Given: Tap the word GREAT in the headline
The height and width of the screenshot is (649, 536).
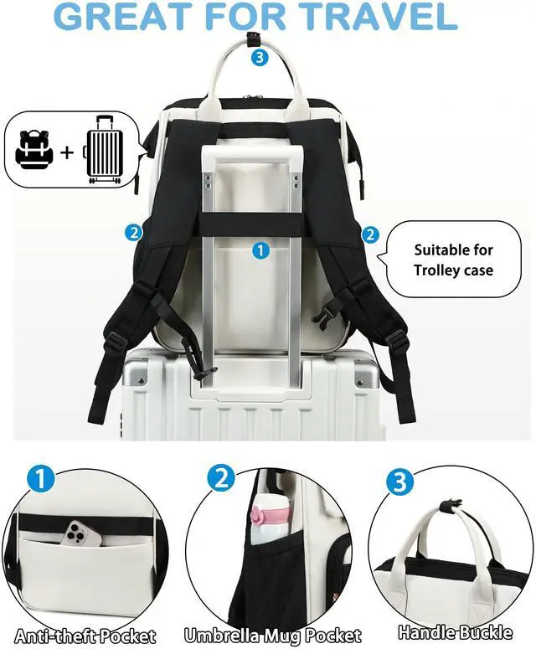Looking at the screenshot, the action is coord(122,16).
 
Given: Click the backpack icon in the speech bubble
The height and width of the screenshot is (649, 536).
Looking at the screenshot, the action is coord(34,149).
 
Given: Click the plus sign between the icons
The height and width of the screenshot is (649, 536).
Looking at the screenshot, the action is coord(67,152).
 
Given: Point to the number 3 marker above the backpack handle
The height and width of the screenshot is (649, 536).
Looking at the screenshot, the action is coord(260,57).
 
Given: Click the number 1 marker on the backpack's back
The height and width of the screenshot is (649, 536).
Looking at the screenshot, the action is coord(260,250).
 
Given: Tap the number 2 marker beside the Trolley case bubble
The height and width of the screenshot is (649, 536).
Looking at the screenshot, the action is coord(370,234).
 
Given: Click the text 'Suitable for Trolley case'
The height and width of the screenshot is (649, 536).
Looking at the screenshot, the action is coord(454,260).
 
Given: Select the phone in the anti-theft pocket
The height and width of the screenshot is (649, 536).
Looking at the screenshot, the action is coord(83,533).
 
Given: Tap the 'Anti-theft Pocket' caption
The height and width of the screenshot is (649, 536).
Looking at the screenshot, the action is coord(85,636).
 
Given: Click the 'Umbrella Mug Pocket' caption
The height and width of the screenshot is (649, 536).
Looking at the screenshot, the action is coord(272,635).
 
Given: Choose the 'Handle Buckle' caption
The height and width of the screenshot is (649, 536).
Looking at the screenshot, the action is coord(455,632).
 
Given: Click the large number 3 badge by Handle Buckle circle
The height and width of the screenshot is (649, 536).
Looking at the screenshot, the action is coord(399,482).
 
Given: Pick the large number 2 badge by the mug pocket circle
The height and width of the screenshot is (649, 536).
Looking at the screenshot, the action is coord(221,479).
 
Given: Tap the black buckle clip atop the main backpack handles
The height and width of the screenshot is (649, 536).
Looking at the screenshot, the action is coord(250,39).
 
